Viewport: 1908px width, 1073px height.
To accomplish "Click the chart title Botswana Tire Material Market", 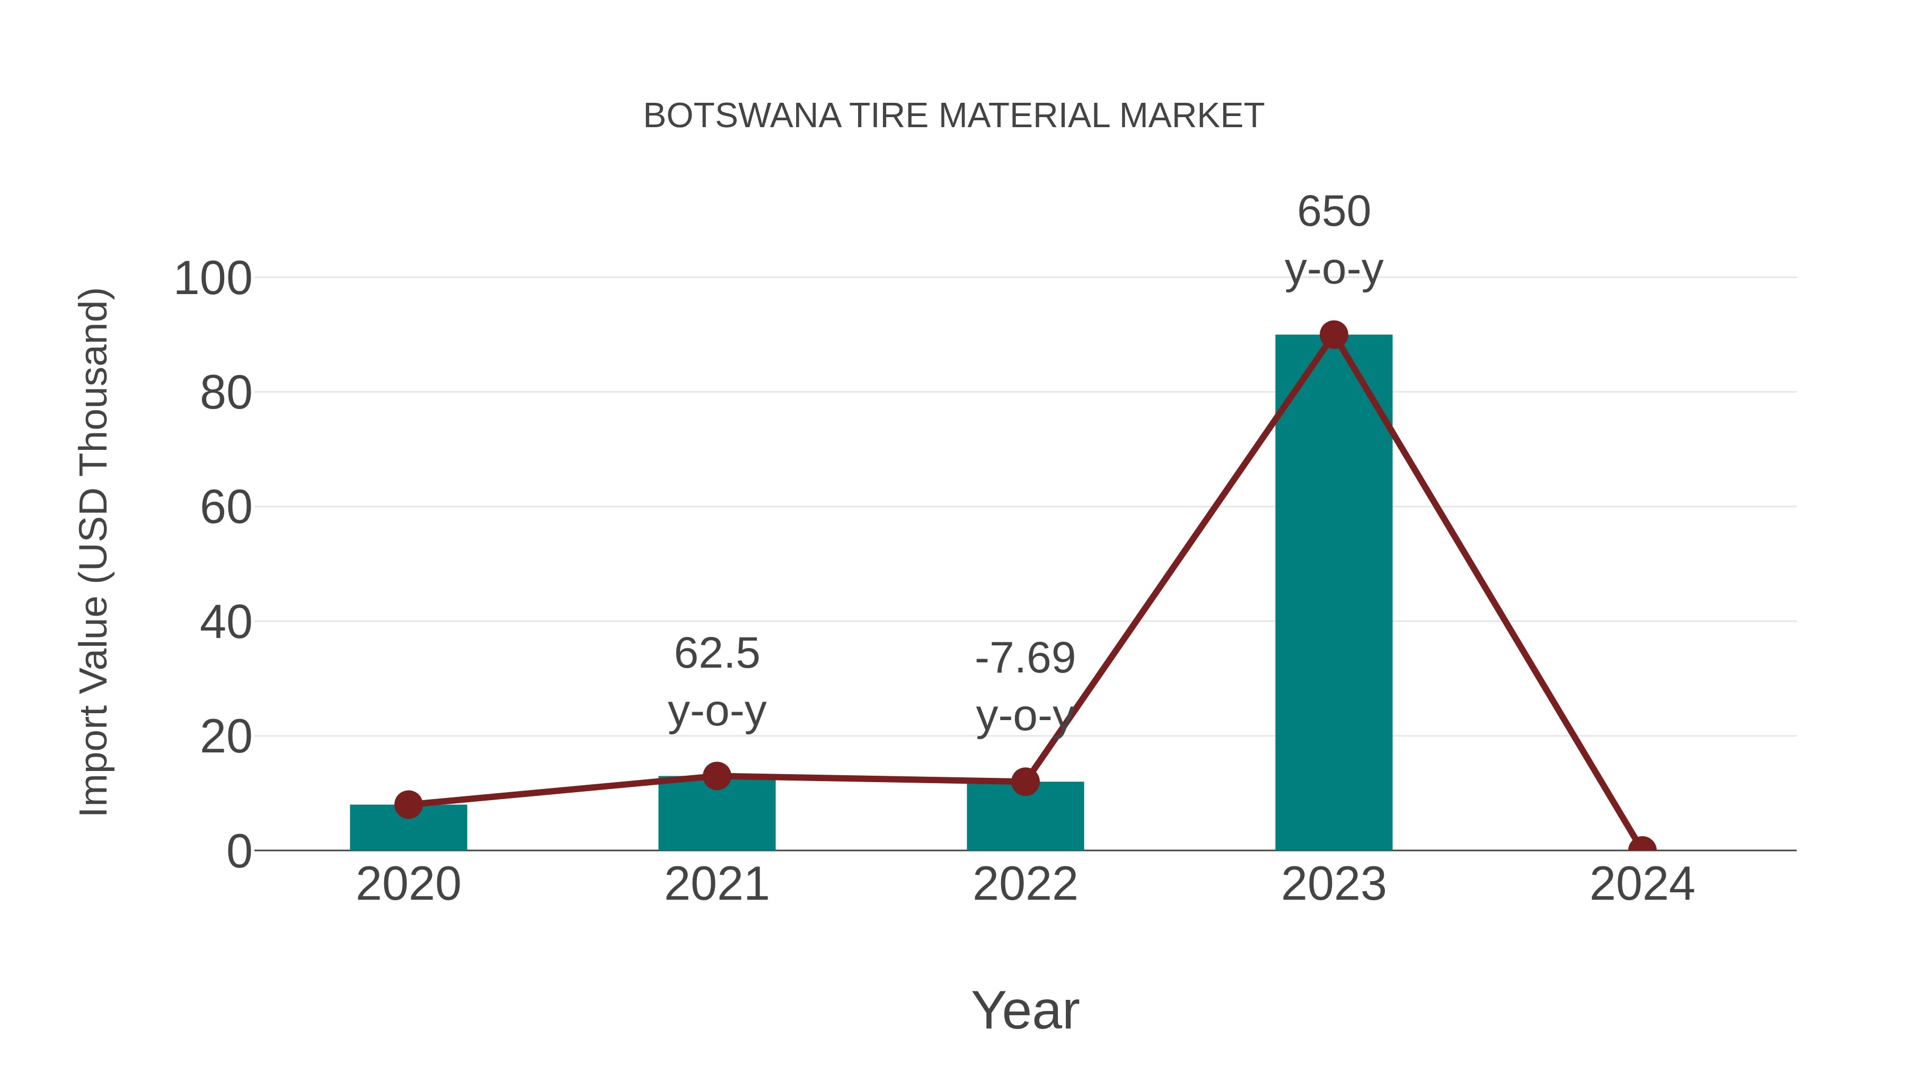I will coord(953,116).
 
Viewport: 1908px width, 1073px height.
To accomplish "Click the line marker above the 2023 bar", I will coord(1333,335).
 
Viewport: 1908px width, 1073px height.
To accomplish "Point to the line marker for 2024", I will coord(1641,849).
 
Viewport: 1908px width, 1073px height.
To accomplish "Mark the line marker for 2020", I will coord(408,804).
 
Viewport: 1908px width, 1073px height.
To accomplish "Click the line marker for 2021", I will coord(716,776).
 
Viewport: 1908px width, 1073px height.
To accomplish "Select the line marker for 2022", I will coord(1025,781).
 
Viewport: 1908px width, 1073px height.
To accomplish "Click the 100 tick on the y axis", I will coord(213,279).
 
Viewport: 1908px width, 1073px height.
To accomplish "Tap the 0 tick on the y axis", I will coord(239,852).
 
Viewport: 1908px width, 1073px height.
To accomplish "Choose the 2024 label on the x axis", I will coord(1641,884).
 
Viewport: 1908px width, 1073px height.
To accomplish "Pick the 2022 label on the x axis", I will coord(1025,884).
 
